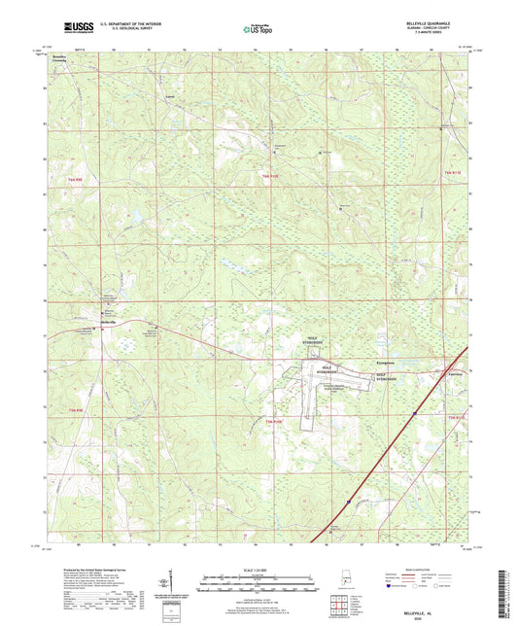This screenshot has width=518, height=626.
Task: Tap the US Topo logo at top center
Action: tap(258, 29)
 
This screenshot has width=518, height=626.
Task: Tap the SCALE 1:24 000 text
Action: tap(258, 569)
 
